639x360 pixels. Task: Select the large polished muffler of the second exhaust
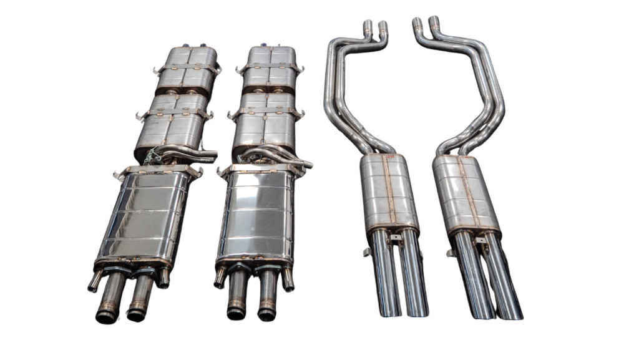(255, 215)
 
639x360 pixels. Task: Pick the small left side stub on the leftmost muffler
(95, 281)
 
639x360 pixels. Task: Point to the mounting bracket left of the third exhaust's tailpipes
(366, 252)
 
